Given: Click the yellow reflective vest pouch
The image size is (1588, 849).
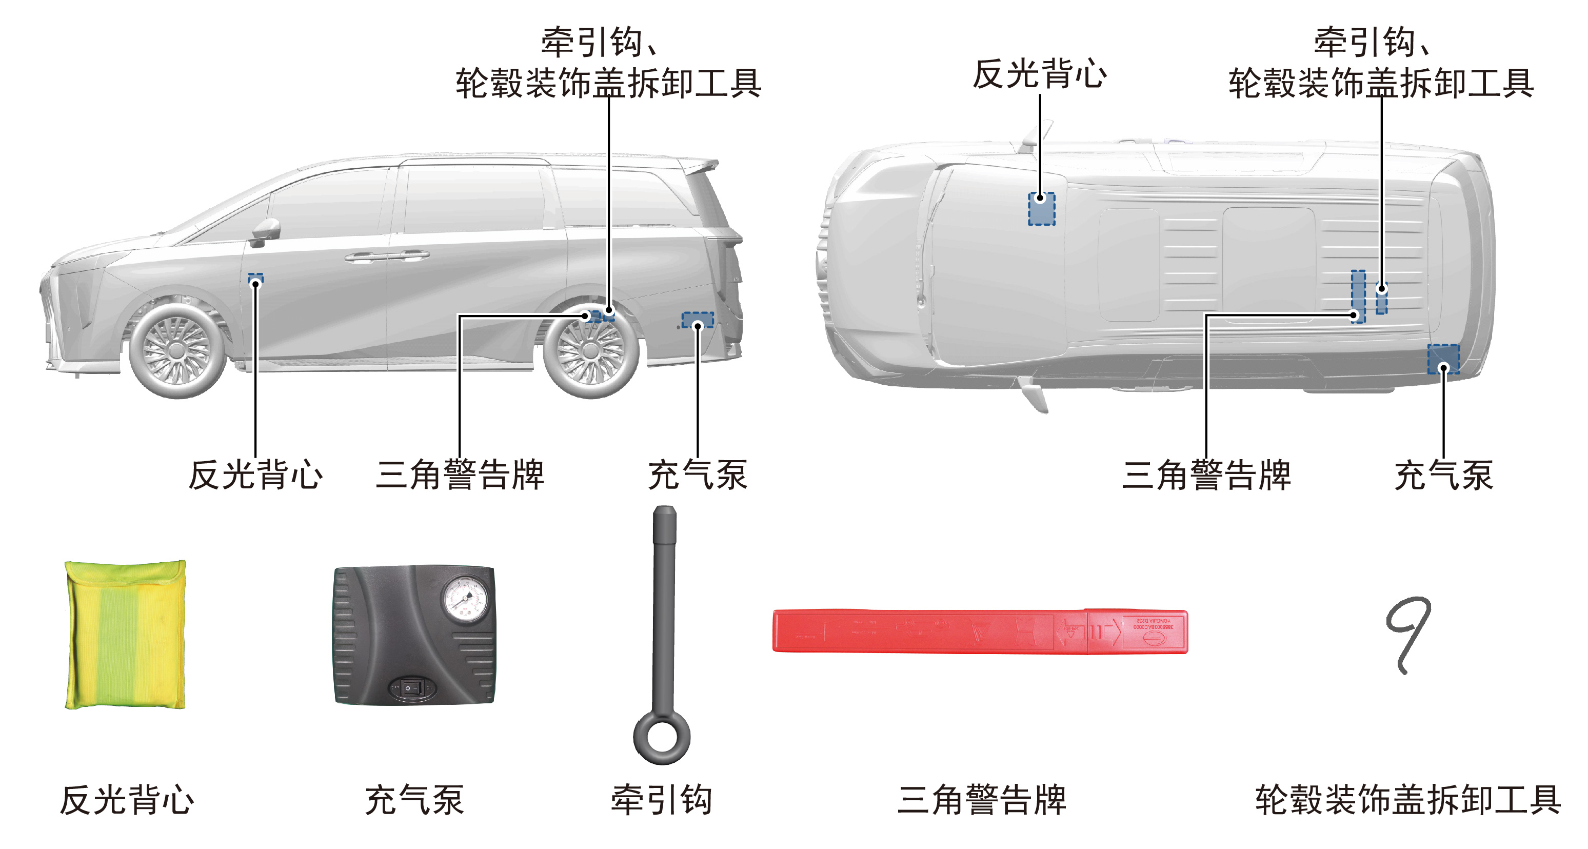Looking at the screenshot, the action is click(x=125, y=635).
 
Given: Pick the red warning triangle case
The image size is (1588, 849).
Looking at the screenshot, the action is click(x=980, y=631).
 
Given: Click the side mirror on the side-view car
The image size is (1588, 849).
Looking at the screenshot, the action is click(x=266, y=232).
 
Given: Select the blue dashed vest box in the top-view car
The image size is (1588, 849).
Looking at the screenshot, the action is click(x=1041, y=208).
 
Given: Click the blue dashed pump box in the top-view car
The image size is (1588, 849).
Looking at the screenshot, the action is click(x=1444, y=359).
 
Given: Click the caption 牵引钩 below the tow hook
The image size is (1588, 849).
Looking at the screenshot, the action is click(x=662, y=800).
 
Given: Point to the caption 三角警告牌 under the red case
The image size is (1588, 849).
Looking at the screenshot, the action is click(x=981, y=800).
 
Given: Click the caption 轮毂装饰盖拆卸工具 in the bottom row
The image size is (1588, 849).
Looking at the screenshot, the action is click(x=1408, y=800).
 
